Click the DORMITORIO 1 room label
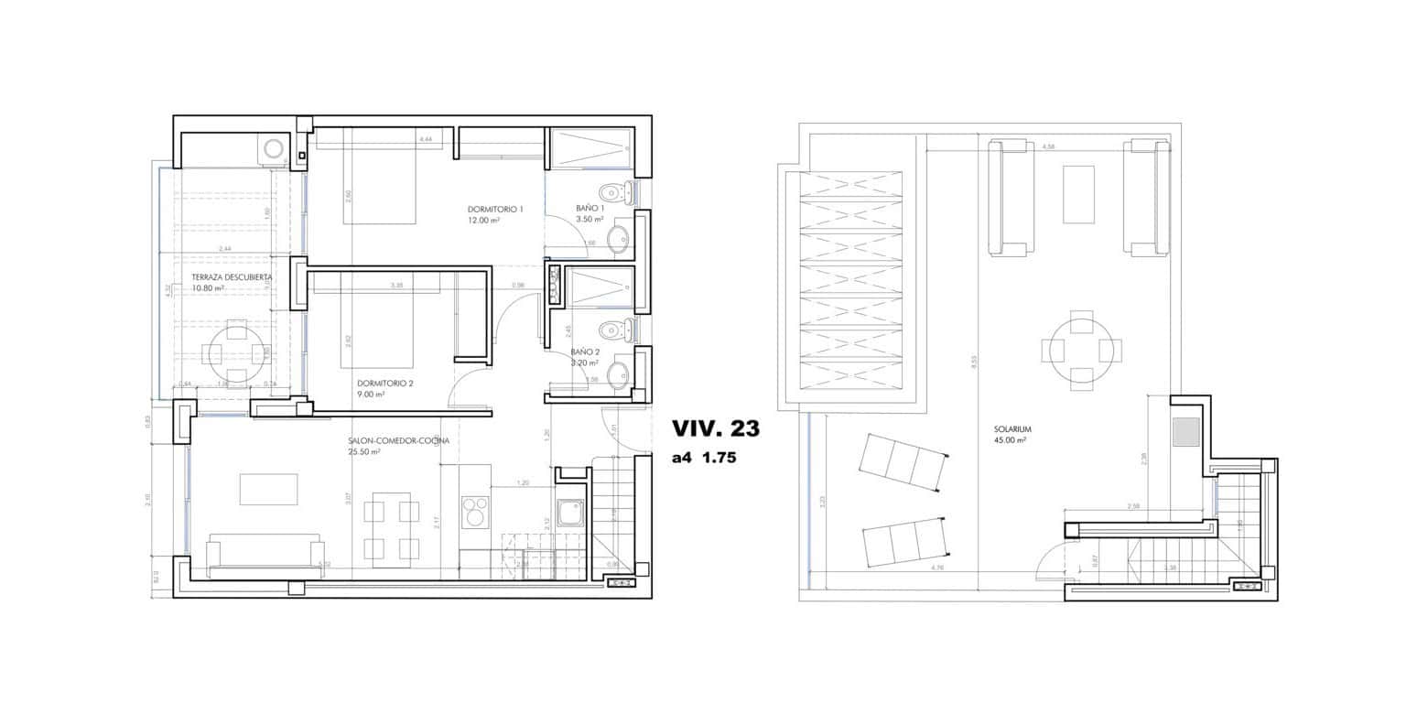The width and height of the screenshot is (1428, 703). [495, 210]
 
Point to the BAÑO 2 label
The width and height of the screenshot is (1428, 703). [585, 351]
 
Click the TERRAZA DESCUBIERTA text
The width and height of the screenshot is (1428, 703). [232, 276]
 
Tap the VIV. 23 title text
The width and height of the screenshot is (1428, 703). [715, 428]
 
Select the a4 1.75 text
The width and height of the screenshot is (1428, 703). [704, 459]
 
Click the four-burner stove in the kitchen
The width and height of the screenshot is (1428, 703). [475, 512]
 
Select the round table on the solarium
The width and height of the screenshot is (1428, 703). [1082, 351]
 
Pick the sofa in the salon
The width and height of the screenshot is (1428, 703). [265, 555]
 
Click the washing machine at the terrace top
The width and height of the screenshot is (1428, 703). [273, 148]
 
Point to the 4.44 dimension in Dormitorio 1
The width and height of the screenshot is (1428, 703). [425, 139]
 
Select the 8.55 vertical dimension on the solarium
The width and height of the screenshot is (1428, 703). [974, 362]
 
